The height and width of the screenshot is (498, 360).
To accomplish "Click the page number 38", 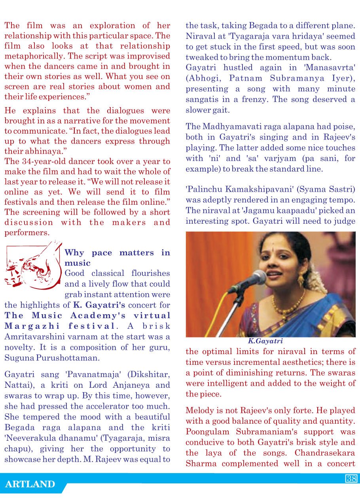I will [x=351, y=479].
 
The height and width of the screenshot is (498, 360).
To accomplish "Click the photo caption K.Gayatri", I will [x=265, y=341].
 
